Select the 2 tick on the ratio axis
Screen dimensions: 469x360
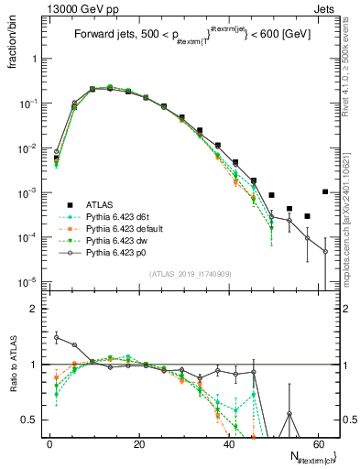[x=37, y=309]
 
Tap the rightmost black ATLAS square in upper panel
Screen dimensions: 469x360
[x=325, y=191]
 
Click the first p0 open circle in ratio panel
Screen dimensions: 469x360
[x=56, y=337]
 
